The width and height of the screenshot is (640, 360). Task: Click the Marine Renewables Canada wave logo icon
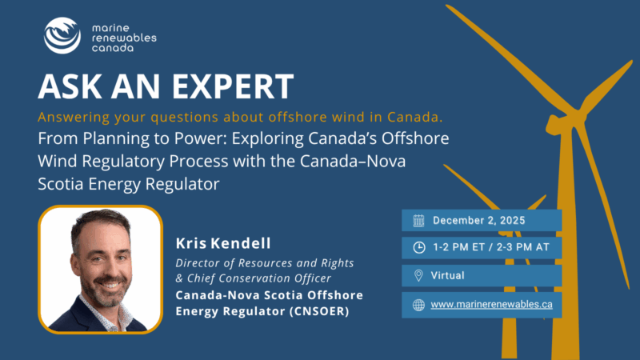(x=62, y=35)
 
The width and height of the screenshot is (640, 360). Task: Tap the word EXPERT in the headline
(x=233, y=86)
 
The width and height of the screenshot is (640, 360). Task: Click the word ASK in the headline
(x=70, y=86)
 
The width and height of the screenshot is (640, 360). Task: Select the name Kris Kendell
(x=223, y=243)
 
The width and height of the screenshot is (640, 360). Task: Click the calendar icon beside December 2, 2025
(x=418, y=221)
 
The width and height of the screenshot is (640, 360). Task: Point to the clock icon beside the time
(x=418, y=247)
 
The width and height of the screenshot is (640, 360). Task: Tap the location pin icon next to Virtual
(x=418, y=275)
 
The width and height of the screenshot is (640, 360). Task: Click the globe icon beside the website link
(x=418, y=305)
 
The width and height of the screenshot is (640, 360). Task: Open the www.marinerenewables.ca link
(x=491, y=305)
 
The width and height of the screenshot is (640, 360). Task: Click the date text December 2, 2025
(x=478, y=221)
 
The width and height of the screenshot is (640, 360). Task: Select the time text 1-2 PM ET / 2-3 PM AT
(x=491, y=247)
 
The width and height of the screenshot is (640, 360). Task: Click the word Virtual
(x=448, y=275)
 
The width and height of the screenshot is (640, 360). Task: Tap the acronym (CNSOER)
(x=319, y=311)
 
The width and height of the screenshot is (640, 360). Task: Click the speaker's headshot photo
(x=101, y=270)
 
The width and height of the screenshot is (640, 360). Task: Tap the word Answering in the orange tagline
(x=74, y=118)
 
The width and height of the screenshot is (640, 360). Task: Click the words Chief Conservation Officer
(x=258, y=278)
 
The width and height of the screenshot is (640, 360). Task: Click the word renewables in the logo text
(x=124, y=38)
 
